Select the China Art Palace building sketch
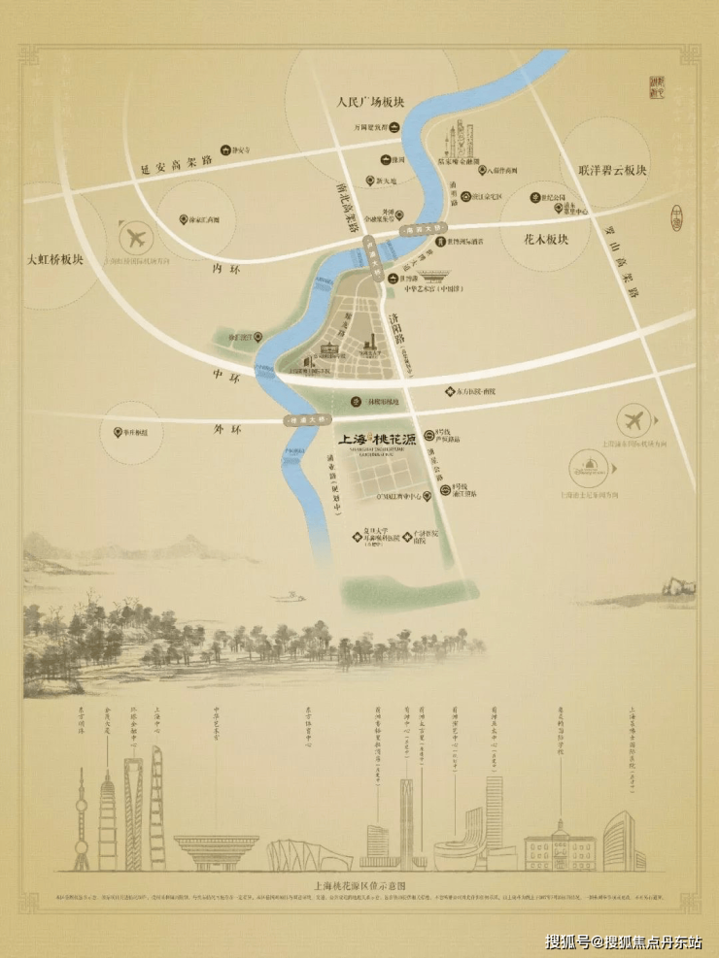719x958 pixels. coord(216,850)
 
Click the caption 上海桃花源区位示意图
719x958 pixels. coord(359,887)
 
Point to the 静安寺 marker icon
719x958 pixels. coord(224,150)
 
